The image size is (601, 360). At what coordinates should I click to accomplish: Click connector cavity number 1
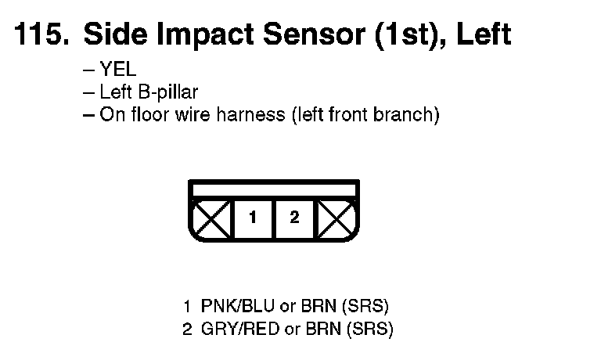click(x=253, y=218)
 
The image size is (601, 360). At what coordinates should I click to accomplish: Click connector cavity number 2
click(x=294, y=218)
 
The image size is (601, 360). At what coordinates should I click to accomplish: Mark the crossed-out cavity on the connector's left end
click(x=211, y=219)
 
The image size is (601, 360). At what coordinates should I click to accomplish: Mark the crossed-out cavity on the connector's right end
click(x=337, y=219)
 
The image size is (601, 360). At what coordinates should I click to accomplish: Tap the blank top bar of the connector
click(x=274, y=189)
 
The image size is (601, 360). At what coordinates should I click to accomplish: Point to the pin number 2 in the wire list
click(x=187, y=329)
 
